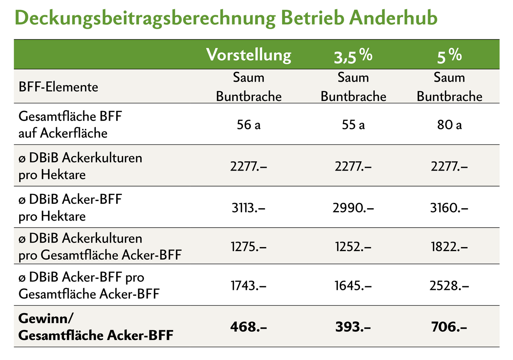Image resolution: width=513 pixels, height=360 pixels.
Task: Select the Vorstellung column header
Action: coord(248,55)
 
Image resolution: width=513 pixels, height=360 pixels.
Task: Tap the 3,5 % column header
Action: coord(353,56)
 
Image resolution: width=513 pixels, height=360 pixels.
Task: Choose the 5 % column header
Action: coord(449,56)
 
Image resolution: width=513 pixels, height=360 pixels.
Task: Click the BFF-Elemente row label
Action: coord(58,87)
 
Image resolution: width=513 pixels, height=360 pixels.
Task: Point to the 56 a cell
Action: coord(248,125)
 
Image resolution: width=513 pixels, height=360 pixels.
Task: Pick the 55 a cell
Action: coord(353,125)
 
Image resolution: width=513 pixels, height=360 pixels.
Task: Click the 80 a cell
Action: coord(449,125)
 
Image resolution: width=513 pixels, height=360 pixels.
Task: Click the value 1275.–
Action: coord(248,247)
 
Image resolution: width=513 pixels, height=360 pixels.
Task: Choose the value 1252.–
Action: coord(353,247)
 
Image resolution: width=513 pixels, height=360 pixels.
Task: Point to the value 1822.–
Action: coord(449,247)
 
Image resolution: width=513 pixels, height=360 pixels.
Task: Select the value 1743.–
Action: coord(248,286)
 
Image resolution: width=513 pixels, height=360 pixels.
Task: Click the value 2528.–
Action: coord(449,286)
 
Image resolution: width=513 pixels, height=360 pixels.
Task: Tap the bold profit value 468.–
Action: coord(248,327)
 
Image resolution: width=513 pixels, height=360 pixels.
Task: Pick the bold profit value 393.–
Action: coord(353,327)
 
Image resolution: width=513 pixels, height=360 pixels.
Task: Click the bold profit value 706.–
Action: coord(449,327)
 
